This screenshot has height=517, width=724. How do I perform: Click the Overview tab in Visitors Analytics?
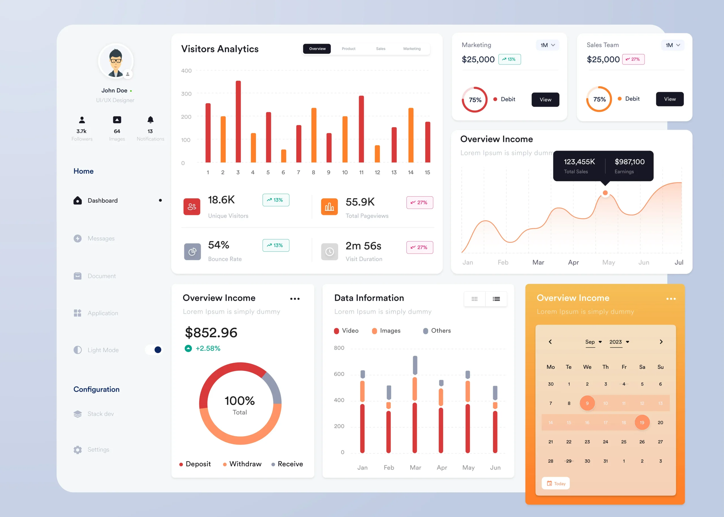coord(317,49)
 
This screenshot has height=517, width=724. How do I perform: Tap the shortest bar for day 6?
coord(283,156)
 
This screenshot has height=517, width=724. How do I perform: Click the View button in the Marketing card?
coord(545,100)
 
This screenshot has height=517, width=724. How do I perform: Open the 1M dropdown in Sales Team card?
coord(673,45)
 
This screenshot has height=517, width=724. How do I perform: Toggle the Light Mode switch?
coord(154,350)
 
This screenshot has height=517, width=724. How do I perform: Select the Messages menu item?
coord(101,238)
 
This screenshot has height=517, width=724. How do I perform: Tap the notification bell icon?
coord(150,120)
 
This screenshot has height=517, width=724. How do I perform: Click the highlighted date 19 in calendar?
coord(642,423)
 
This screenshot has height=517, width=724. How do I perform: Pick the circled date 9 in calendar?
coord(587,403)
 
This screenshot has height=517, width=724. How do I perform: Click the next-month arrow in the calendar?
coord(661,342)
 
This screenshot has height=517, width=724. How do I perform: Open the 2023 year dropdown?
coord(619,342)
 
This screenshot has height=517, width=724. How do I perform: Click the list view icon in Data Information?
coord(496,299)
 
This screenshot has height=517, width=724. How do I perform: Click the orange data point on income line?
coord(605,193)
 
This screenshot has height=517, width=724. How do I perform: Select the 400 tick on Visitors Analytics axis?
coord(186,71)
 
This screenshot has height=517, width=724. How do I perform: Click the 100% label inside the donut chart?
coord(240,401)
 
